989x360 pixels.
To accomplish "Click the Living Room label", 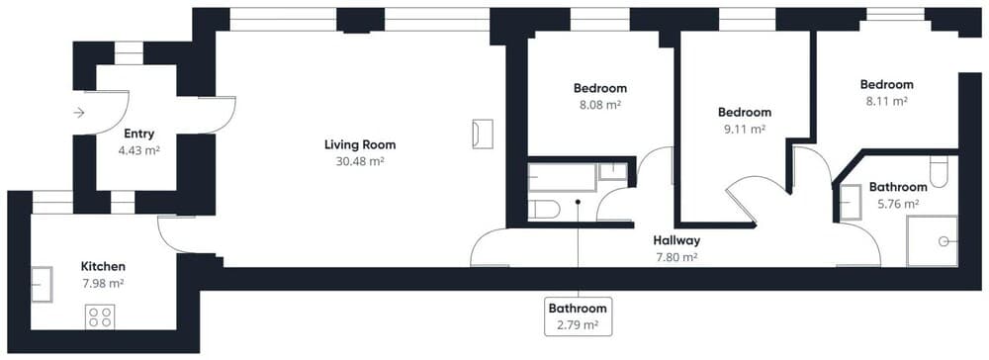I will point(359,145).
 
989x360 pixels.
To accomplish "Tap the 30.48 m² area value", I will point(359,162).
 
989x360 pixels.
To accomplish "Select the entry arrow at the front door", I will point(79,114).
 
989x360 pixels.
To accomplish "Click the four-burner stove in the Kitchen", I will point(99,316).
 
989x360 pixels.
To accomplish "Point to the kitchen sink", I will point(42,284).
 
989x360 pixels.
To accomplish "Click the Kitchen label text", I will point(103,266).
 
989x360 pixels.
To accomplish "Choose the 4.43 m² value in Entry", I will point(138,150).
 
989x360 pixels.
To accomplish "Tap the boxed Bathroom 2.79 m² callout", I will point(579,315).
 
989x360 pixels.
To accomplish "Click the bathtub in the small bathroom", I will point(563,178).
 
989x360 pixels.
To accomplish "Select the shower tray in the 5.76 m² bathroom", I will point(932,240).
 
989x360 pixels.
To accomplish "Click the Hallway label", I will point(676,240).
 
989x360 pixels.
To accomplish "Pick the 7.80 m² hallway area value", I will point(676,257).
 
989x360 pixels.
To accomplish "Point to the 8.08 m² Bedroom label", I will point(600,88).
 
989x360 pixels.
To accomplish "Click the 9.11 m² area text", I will point(745,129).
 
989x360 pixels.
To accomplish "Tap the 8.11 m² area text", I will point(886,101).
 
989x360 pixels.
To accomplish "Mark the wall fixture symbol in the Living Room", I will point(483,134).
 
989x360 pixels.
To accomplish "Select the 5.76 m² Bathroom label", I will point(898,187).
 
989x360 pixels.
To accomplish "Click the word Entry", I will point(138,134).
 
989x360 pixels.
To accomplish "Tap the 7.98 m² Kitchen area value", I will point(103,283).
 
